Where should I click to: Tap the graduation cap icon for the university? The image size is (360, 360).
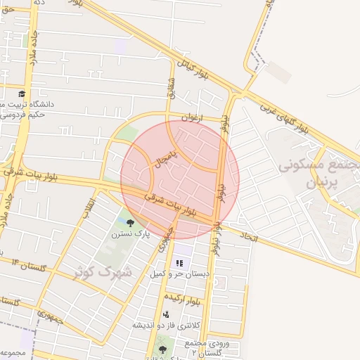click(x=22, y=94)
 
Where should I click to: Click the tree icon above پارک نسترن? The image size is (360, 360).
click(x=131, y=222)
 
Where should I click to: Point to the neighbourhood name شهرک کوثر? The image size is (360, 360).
click(x=103, y=270)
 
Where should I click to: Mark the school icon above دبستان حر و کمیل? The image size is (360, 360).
click(x=179, y=262)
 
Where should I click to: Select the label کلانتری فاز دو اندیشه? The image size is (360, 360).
click(x=167, y=326)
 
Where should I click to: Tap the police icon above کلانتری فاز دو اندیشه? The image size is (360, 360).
click(x=166, y=314)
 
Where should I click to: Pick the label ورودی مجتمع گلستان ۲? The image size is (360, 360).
click(x=208, y=347)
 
